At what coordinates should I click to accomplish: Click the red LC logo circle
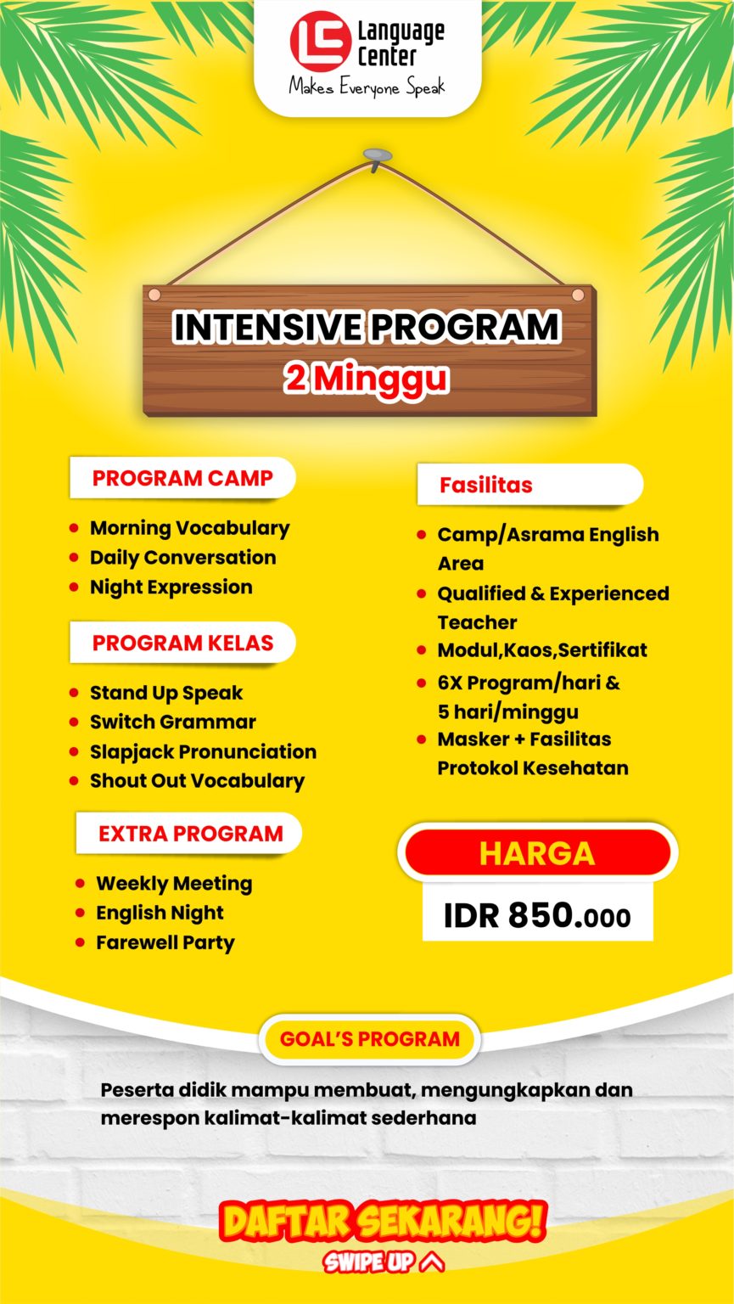click(x=321, y=41)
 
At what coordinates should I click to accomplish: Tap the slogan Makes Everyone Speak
click(x=367, y=87)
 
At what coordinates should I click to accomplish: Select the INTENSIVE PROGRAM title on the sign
click(x=367, y=328)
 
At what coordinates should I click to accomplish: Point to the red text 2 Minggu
click(x=367, y=379)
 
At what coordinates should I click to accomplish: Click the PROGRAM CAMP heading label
click(x=182, y=478)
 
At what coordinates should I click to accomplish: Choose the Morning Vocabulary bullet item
click(x=189, y=528)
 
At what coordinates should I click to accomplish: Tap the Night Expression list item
click(x=171, y=587)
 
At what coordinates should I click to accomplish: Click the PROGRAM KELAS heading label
click(x=182, y=643)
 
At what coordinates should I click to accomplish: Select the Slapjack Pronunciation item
click(x=203, y=751)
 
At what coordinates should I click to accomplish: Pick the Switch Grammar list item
click(x=172, y=722)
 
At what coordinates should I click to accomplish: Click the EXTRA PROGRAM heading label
click(x=190, y=833)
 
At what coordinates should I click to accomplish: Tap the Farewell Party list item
click(x=165, y=942)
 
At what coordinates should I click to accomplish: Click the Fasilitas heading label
click(x=486, y=485)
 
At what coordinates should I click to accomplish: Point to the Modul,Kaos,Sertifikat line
click(x=541, y=650)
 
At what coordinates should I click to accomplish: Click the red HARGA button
click(x=537, y=853)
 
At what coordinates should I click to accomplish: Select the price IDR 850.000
click(x=537, y=916)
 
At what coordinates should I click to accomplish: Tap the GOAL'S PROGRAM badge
click(x=369, y=1038)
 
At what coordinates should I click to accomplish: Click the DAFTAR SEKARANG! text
click(x=382, y=1222)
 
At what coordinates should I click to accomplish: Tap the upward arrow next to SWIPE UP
click(x=432, y=1262)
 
